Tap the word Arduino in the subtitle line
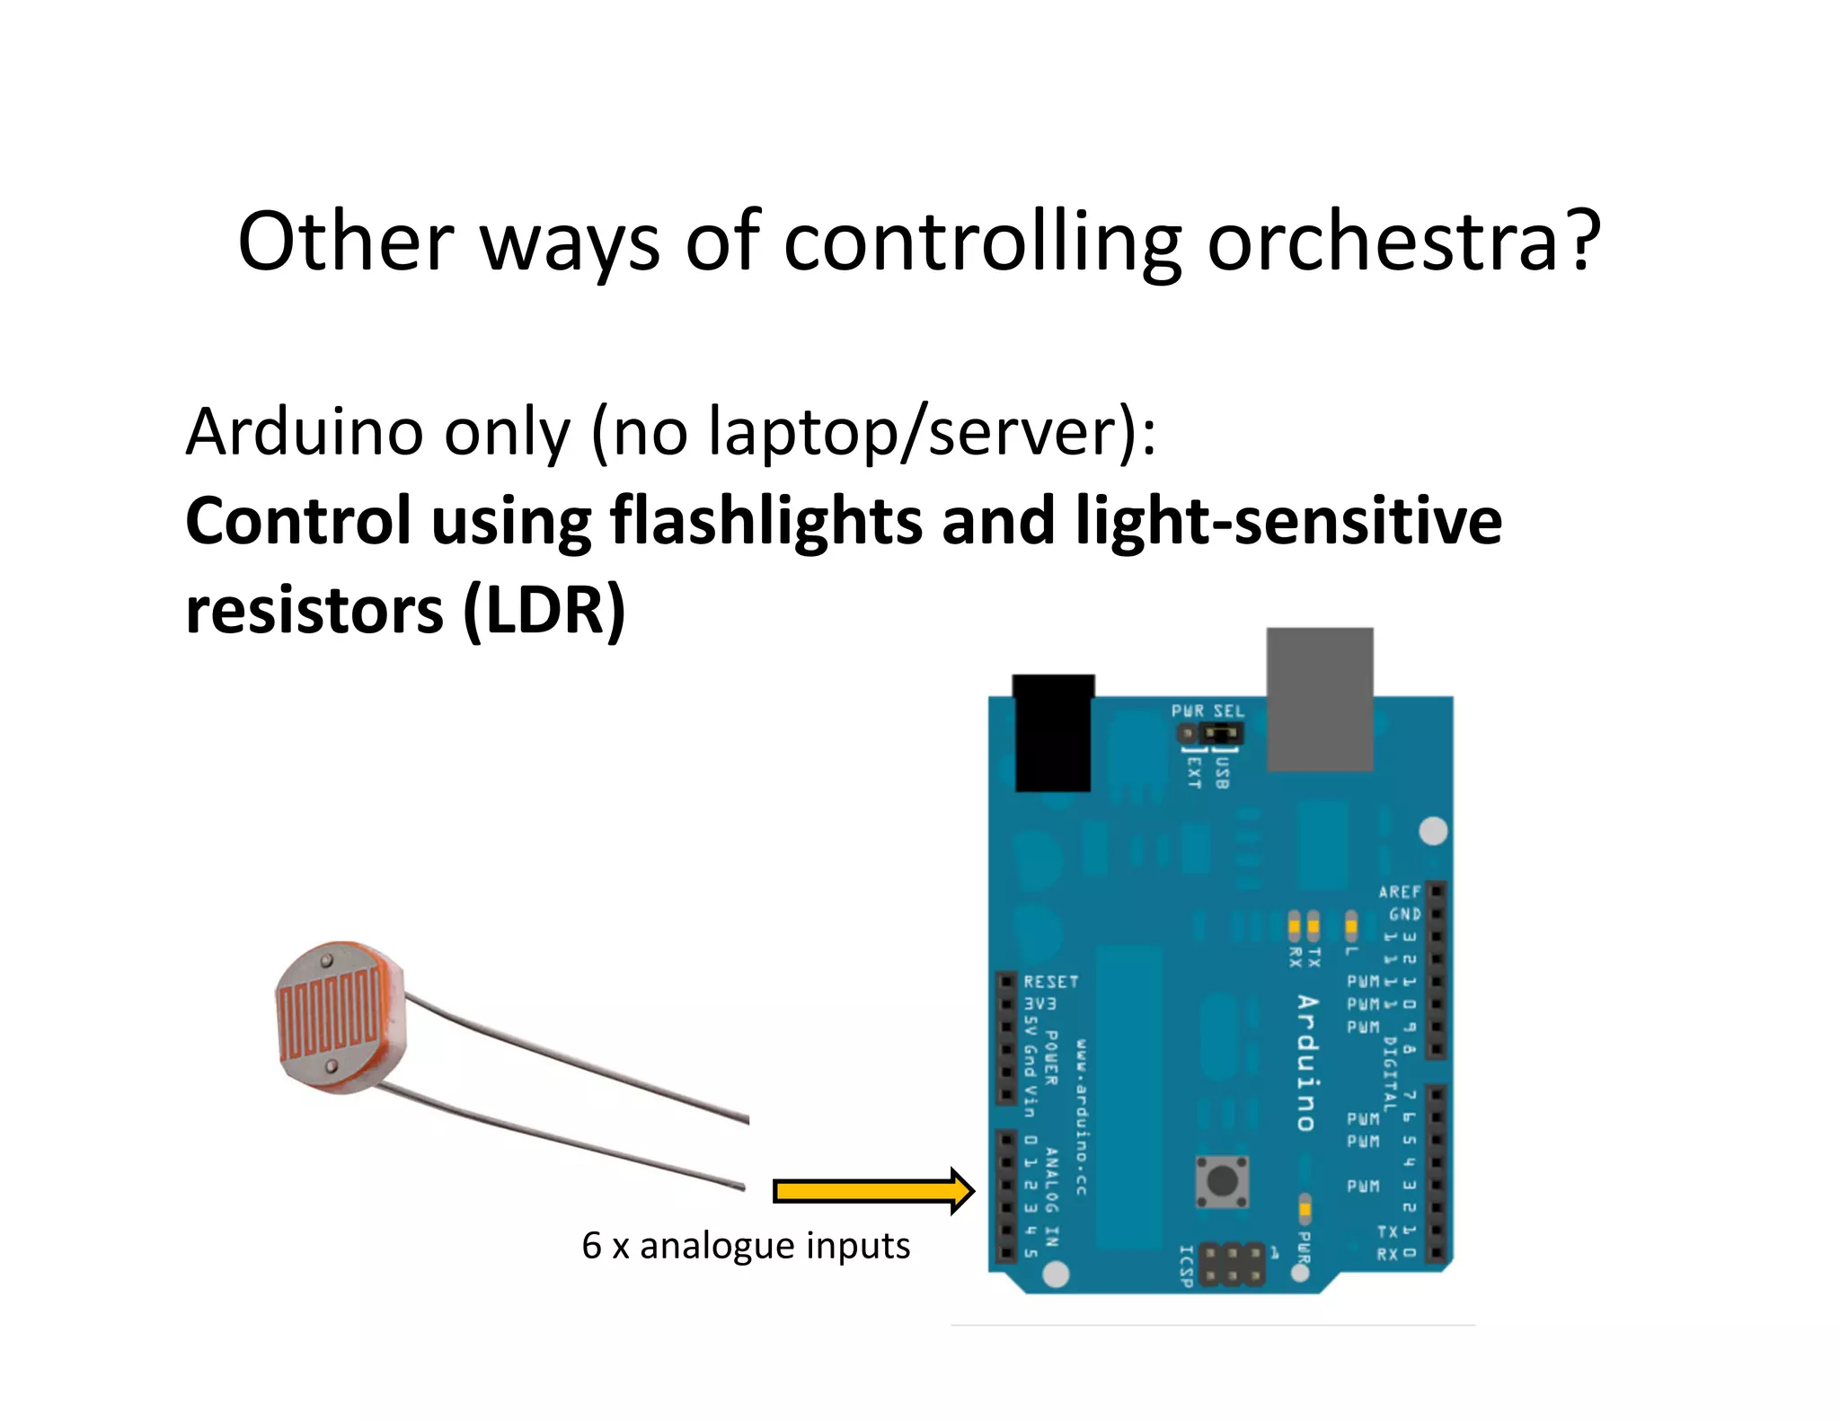pos(304,432)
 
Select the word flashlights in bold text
pos(765,521)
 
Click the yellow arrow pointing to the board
pos(872,1191)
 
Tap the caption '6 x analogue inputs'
pos(746,1246)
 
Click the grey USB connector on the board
pos(1319,698)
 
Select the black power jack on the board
pos(1053,732)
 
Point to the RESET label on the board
pos(1050,982)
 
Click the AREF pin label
pos(1400,891)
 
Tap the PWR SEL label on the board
pos(1207,711)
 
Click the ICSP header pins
pos(1233,1265)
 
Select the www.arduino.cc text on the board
pos(1082,1117)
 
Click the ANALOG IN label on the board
pos(1052,1197)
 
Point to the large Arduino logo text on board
pos(1307,1063)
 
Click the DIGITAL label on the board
pos(1390,1074)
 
